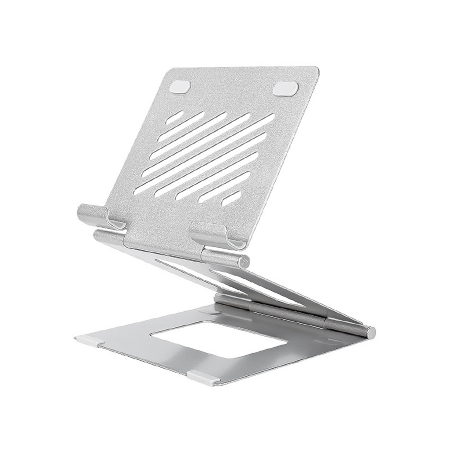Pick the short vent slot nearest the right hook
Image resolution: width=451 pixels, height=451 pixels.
tap(231, 198)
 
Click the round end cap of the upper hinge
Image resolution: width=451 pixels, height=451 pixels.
tap(244, 261)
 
